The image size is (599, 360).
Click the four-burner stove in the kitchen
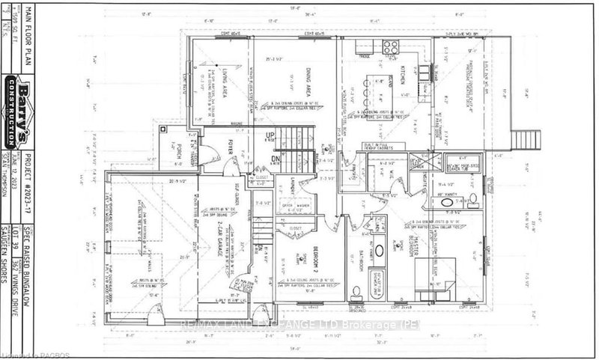point(391,47)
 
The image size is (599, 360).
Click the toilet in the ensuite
point(473,198)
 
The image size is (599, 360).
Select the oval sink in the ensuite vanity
point(446,202)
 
